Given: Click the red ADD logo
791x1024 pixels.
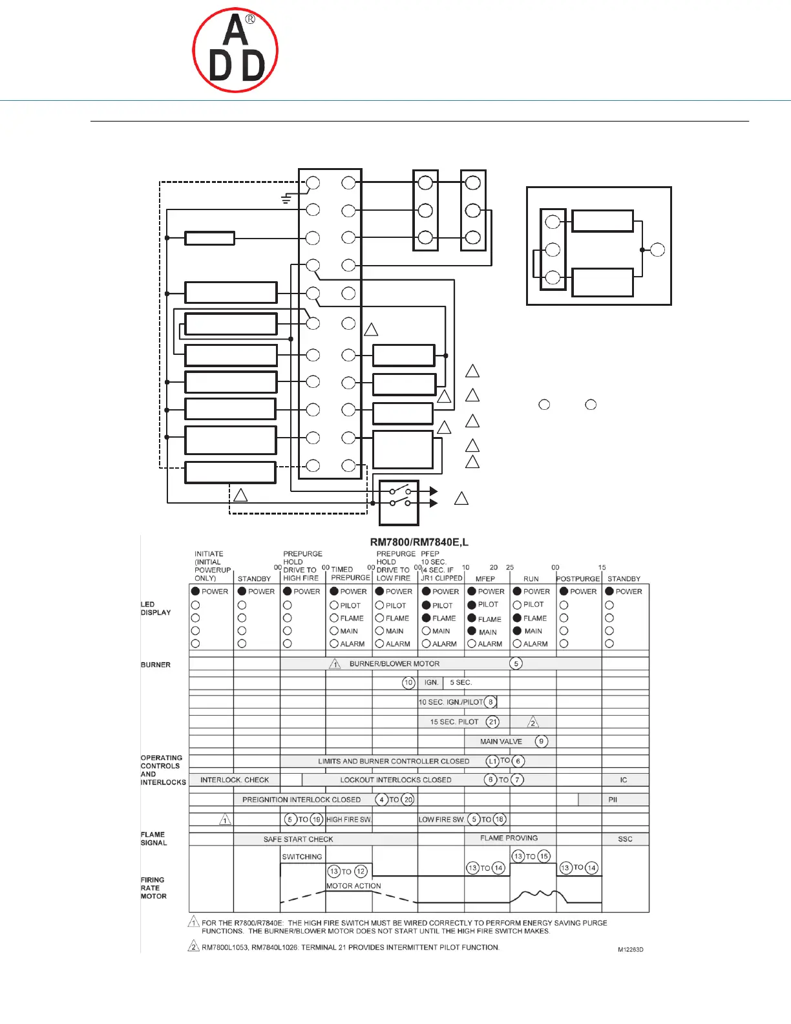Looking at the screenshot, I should [235, 50].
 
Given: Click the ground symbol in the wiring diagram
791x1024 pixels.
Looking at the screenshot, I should [286, 199].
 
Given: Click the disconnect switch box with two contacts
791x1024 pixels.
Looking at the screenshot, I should [399, 502].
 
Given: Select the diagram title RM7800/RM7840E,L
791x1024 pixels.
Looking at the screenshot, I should [419, 542].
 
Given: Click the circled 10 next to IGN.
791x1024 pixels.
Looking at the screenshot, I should [408, 683].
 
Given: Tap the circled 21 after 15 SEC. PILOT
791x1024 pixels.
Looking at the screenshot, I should [493, 722].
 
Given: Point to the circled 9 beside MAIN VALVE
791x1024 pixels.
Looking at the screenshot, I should [542, 741].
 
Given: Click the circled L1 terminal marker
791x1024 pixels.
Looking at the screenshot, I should [492, 762].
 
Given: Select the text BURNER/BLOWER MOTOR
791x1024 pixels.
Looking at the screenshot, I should [394, 664].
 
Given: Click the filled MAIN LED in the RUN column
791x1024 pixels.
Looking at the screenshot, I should [517, 631].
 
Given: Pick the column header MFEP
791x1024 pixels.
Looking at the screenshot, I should [485, 579].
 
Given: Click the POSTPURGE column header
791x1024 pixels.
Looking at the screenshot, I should [578, 579].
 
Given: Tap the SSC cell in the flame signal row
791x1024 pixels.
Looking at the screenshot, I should [625, 839].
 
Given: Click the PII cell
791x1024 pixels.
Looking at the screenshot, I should [613, 800].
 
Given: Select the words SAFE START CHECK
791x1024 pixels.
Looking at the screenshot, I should [298, 839].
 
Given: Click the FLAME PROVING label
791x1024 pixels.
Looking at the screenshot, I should [509, 838].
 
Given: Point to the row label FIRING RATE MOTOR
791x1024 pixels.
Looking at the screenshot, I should [153, 888].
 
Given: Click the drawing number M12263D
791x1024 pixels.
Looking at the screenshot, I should [630, 950].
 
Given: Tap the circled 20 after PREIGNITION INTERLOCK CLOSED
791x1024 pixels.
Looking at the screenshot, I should [408, 800].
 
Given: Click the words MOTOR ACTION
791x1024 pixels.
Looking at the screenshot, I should [353, 886].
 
